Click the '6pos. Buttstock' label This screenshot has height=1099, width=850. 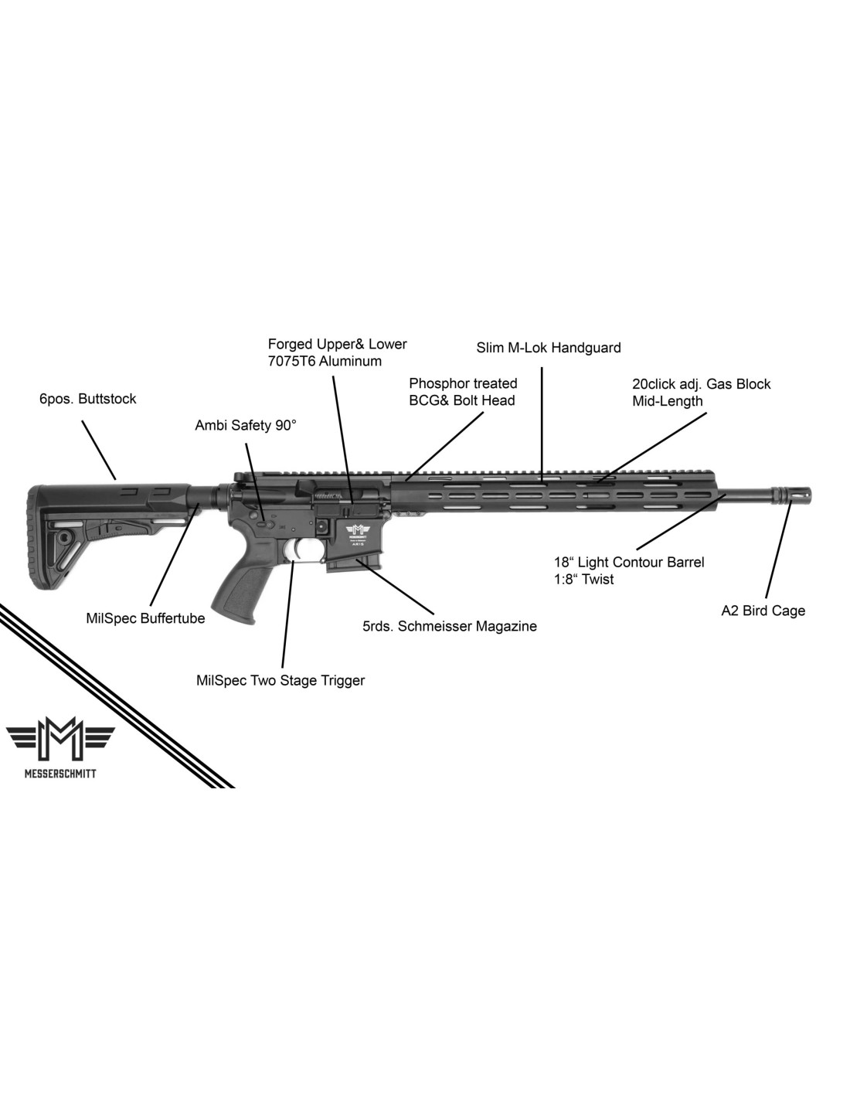tap(87, 399)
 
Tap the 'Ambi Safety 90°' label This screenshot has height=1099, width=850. tap(246, 425)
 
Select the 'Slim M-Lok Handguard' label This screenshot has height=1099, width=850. tap(549, 348)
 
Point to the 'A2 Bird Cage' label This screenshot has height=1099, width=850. tap(763, 611)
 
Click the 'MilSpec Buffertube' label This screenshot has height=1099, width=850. tap(145, 618)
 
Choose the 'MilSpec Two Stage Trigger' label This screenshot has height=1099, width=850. tap(280, 681)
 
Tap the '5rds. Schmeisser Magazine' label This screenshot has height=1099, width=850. tap(450, 626)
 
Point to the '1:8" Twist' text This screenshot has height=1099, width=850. tap(583, 579)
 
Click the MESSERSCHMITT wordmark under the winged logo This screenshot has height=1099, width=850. tap(59, 774)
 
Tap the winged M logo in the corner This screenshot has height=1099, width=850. tap(59, 739)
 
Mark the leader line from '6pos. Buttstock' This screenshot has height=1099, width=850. tap(99, 450)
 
